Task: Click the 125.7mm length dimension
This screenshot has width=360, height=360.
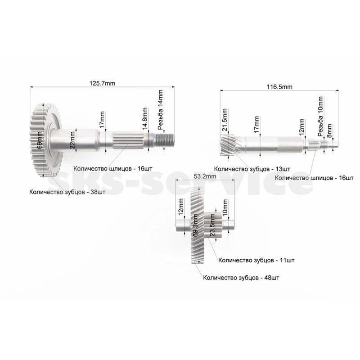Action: (103, 83)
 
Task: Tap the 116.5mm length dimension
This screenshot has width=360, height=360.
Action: (279, 87)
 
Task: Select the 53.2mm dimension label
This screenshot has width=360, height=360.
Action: (205, 176)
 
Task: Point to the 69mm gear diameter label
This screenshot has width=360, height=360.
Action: (40, 140)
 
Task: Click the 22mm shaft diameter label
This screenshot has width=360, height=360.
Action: (72, 140)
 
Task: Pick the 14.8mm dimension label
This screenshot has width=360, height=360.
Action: (144, 118)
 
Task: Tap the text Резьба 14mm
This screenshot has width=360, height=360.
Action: (160, 110)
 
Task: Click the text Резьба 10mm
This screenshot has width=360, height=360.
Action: (320, 117)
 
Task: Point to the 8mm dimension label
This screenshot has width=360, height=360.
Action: (329, 131)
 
